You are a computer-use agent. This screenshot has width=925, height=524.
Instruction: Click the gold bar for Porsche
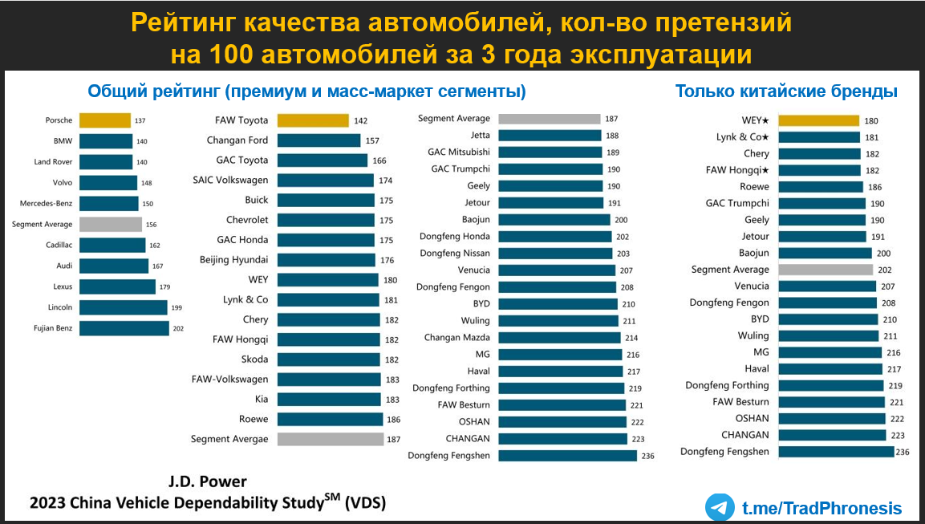click(104, 120)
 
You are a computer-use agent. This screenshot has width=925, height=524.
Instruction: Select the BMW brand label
click(63, 141)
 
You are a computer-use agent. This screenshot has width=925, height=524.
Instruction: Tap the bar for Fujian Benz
click(124, 328)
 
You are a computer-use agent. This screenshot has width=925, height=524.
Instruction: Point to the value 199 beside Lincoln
click(177, 307)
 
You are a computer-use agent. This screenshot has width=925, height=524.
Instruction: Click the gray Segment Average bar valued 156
click(110, 225)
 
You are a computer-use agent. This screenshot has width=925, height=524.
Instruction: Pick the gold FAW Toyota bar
click(313, 120)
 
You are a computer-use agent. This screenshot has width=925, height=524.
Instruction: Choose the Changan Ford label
click(237, 140)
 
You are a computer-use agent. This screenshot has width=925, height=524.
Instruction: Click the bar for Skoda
click(328, 359)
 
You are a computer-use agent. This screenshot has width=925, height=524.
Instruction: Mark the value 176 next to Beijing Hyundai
click(387, 260)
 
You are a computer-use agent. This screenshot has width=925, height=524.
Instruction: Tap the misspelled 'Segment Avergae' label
click(229, 439)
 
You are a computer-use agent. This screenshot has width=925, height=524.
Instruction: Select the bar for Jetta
click(550, 136)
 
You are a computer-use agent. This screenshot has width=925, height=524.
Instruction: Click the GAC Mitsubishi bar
click(550, 152)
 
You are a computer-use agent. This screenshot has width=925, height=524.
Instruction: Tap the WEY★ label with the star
click(753, 120)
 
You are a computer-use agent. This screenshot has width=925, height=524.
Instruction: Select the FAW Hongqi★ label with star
click(738, 170)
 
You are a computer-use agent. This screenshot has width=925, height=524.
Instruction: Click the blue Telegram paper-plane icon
click(720, 507)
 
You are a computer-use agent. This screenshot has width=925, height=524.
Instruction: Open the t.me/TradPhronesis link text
click(822, 508)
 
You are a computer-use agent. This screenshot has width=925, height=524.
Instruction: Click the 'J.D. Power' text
click(208, 481)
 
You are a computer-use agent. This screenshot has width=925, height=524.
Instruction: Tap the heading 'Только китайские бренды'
click(786, 91)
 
